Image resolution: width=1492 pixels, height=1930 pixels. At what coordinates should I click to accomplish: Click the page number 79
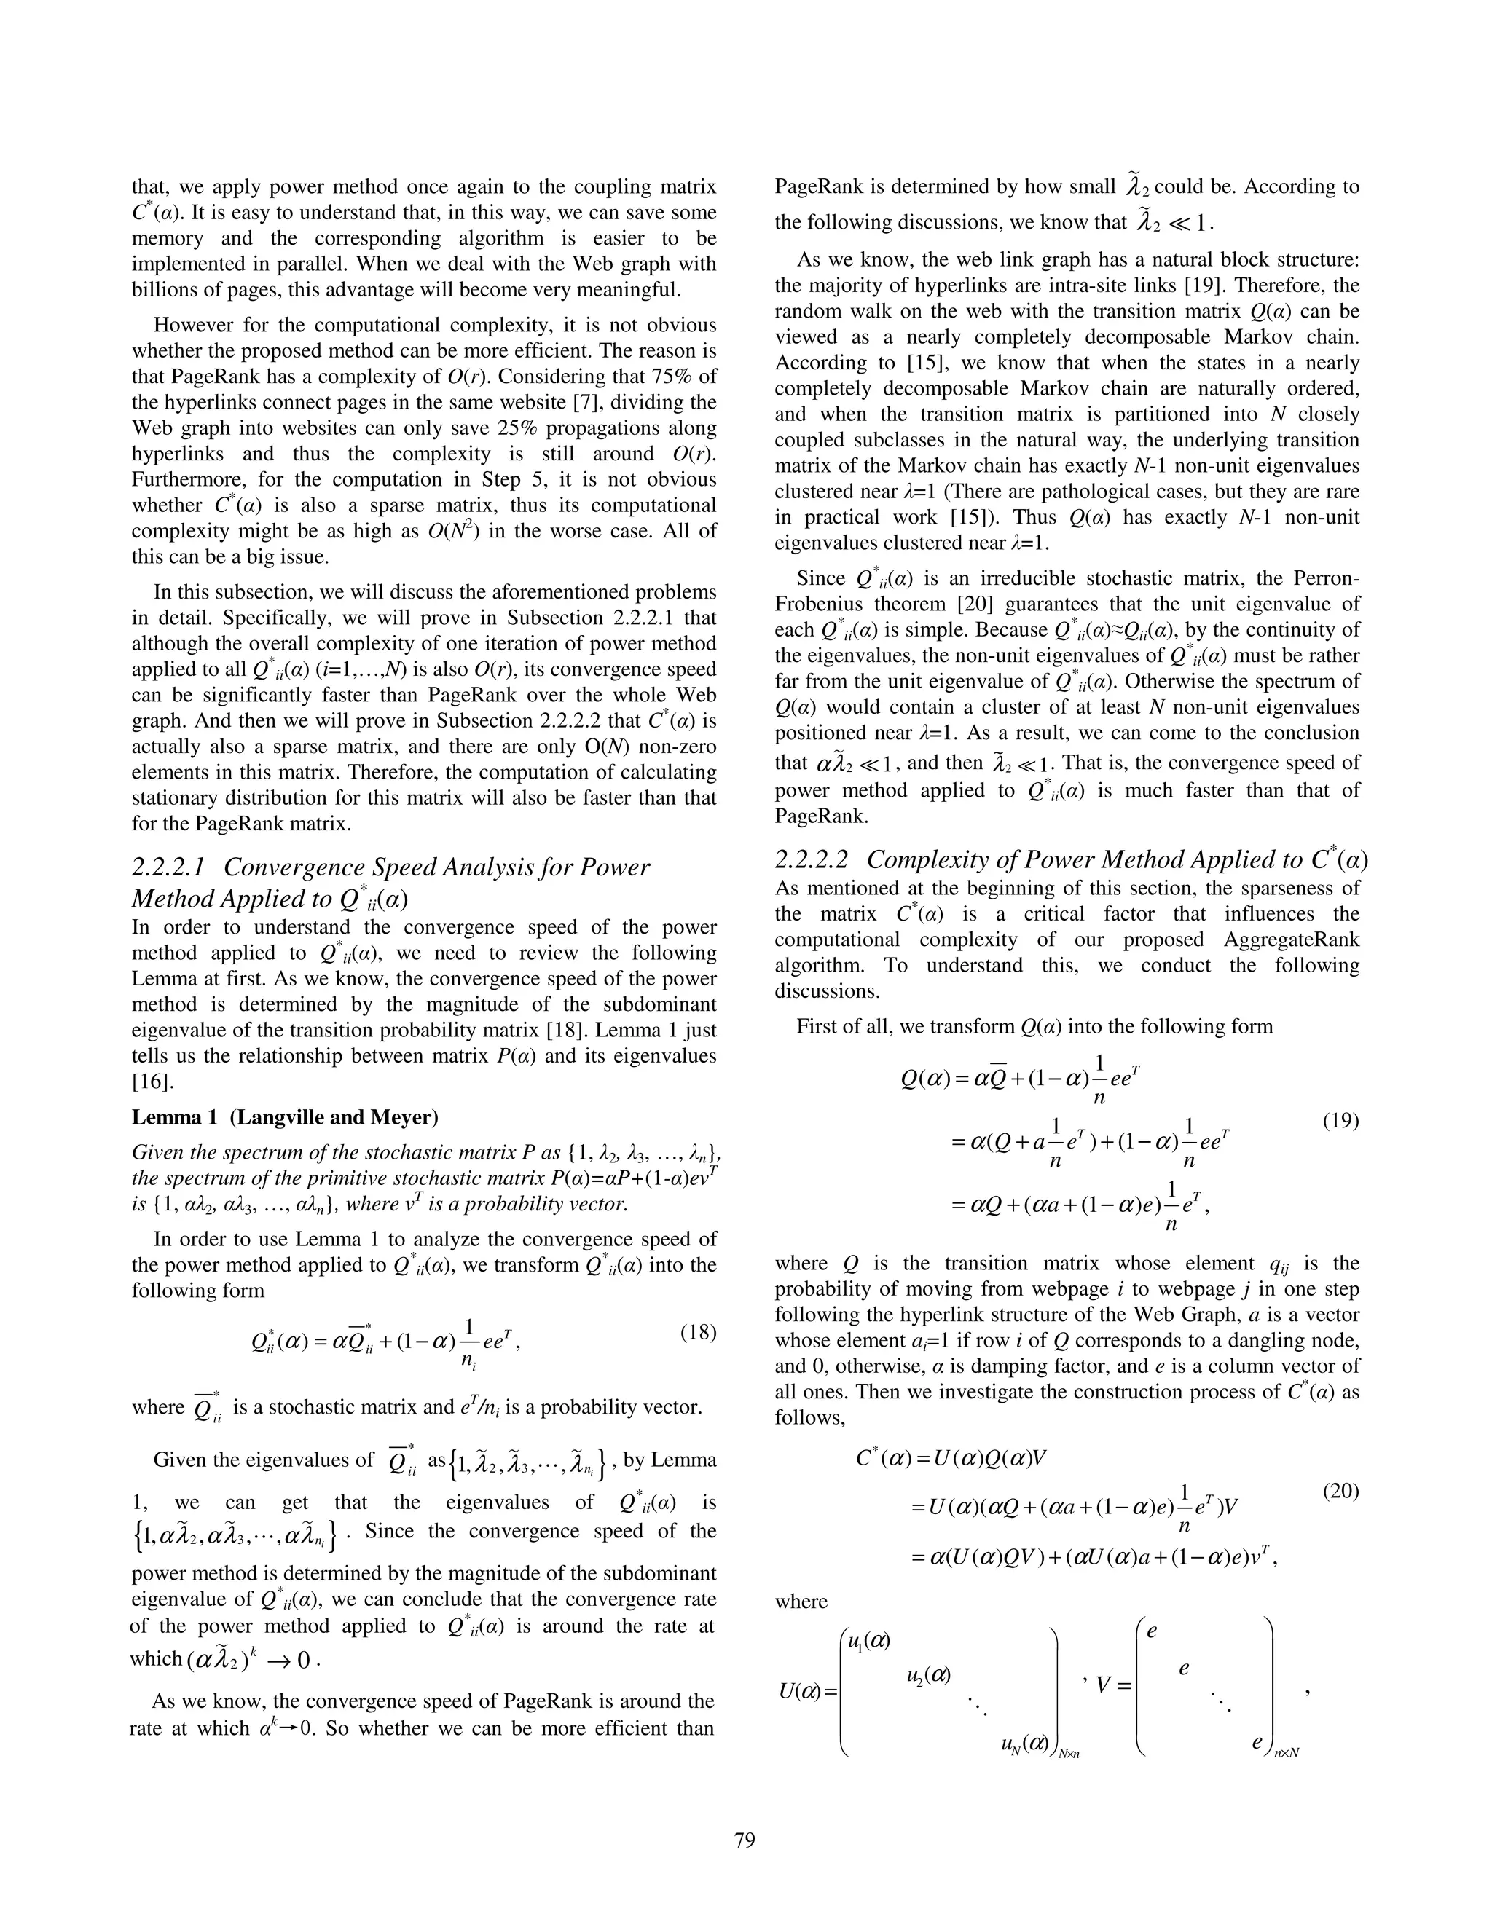[745, 1840]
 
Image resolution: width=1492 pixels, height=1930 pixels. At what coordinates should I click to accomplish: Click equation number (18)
[697, 1332]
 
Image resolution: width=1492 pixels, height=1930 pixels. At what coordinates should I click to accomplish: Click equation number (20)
[1340, 1491]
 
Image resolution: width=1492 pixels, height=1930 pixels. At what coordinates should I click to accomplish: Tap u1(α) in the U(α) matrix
[867, 1641]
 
